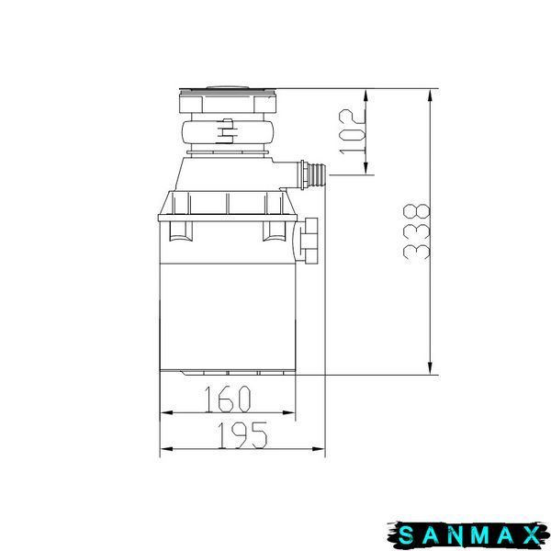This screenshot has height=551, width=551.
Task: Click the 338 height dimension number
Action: click(x=416, y=231)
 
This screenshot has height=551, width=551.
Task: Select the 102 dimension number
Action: click(x=352, y=131)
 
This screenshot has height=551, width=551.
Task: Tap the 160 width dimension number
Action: click(x=228, y=399)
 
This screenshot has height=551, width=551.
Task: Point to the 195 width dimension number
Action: click(x=242, y=435)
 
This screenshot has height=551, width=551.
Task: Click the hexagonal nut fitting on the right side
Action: click(x=309, y=240)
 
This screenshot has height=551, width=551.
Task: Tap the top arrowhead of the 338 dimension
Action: click(x=430, y=96)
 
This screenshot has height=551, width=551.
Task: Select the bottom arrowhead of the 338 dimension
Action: click(x=430, y=368)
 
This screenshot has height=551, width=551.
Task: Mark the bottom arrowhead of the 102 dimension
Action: click(x=365, y=168)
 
